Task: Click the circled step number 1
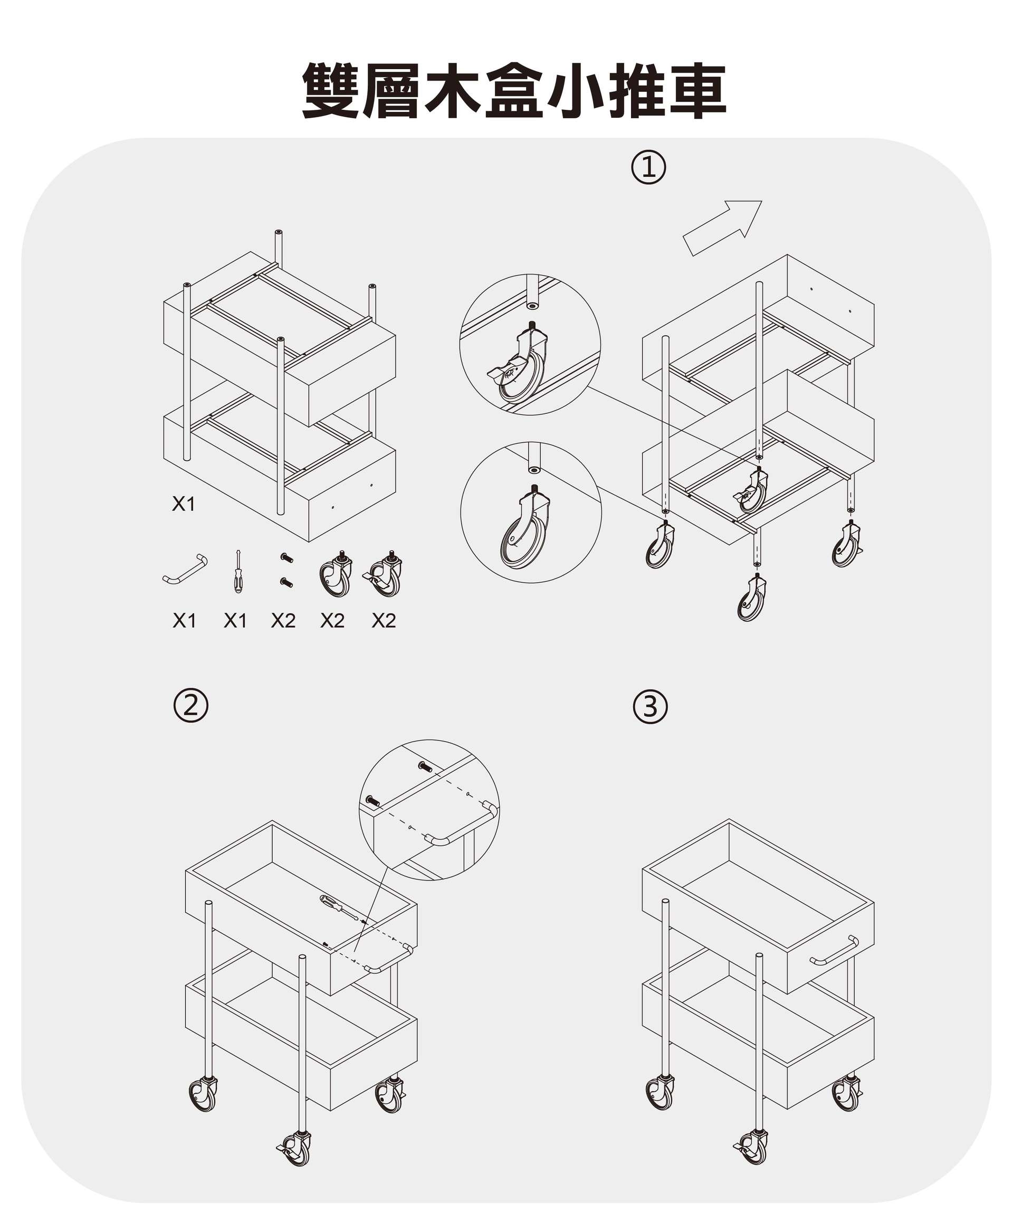click(648, 168)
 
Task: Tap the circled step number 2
click(191, 706)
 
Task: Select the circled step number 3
click(649, 707)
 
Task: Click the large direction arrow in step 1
click(722, 228)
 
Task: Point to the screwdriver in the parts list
click(237, 572)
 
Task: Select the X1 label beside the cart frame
click(183, 504)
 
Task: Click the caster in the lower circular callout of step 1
click(525, 528)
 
